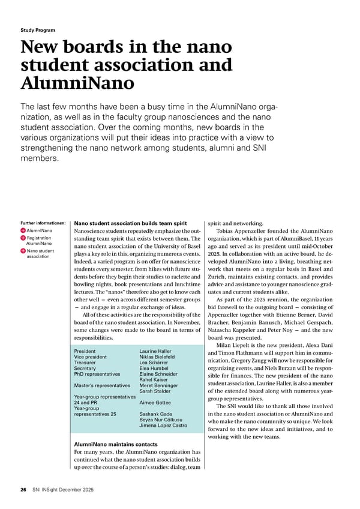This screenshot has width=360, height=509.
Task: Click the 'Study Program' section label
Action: pyautogui.click(x=38, y=30)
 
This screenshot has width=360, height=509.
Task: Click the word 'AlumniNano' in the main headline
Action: pyautogui.click(x=77, y=83)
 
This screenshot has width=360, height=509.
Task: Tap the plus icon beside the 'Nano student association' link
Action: pyautogui.click(x=23, y=252)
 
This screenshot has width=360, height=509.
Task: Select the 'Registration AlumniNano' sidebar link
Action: pyautogui.click(x=41, y=241)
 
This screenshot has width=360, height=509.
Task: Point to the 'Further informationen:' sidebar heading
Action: pyautogui.click(x=42, y=222)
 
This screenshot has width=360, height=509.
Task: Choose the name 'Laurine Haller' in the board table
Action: pyautogui.click(x=155, y=351)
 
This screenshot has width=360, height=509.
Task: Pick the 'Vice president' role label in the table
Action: pyautogui.click(x=91, y=358)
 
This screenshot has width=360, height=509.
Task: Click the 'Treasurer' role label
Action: pyautogui.click(x=86, y=364)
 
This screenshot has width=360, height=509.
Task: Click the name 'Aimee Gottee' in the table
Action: pyautogui.click(x=155, y=402)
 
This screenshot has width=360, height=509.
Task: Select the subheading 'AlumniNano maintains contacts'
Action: pyautogui.click(x=115, y=445)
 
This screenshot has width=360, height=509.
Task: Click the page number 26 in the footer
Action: pyautogui.click(x=23, y=490)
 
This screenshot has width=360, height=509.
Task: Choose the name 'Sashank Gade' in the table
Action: pyautogui.click(x=156, y=414)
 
